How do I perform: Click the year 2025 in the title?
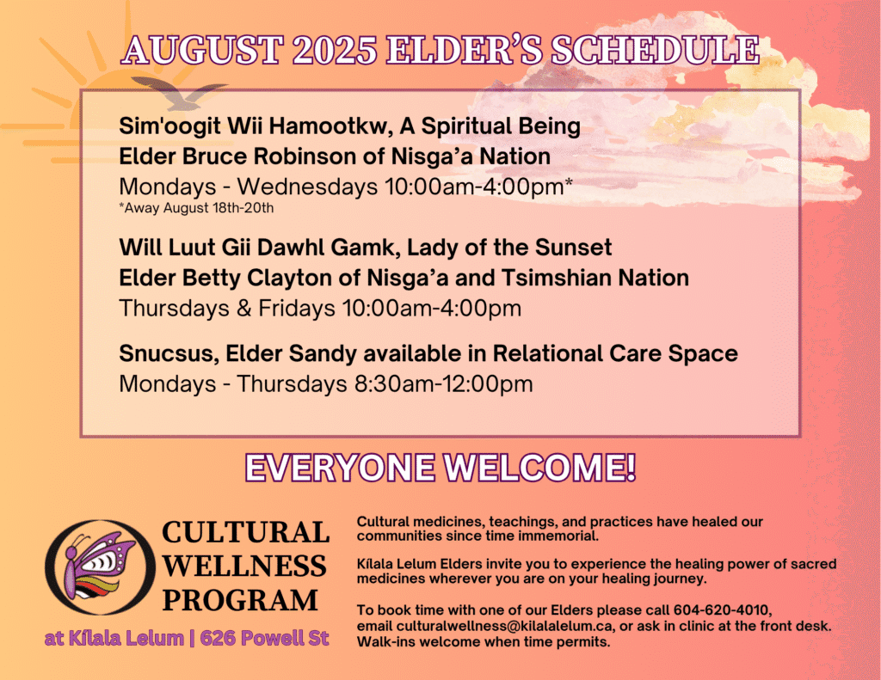[x=335, y=50]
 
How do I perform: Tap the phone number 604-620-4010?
[x=722, y=610]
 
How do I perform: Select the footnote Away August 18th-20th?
[x=196, y=208]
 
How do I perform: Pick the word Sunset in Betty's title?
[x=573, y=248]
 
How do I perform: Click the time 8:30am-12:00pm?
[x=443, y=384]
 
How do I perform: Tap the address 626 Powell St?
[x=264, y=639]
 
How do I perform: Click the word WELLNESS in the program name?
[x=244, y=566]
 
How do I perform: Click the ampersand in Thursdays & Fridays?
[x=243, y=309]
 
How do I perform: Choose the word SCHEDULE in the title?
[x=655, y=50]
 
